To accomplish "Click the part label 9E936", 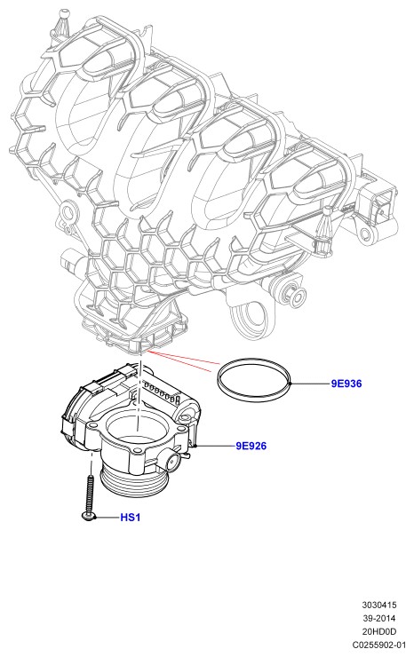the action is (346, 384).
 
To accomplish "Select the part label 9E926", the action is (251, 446).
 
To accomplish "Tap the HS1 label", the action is (130, 518).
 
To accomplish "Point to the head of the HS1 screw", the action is (88, 516).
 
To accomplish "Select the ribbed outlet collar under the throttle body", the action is (133, 482).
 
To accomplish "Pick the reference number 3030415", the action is (379, 605).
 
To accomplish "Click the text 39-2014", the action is (379, 618).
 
